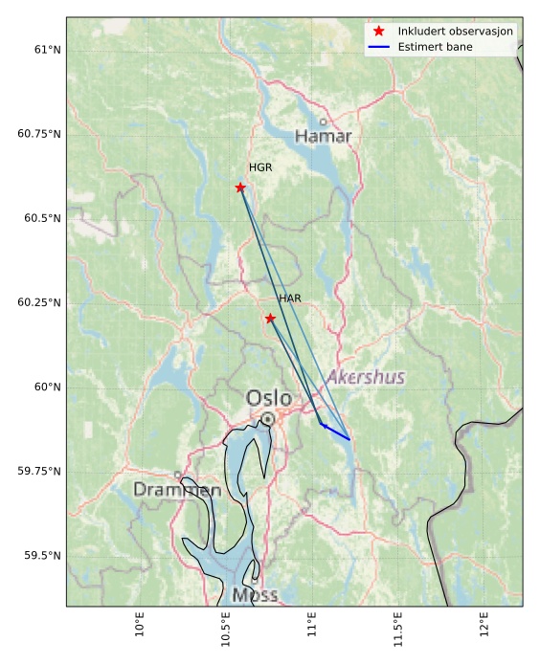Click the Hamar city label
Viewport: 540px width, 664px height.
pyautogui.click(x=323, y=137)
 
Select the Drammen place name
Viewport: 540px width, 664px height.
pyautogui.click(x=177, y=490)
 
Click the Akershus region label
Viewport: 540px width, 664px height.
pyautogui.click(x=366, y=377)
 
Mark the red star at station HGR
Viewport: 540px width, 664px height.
pyautogui.click(x=240, y=188)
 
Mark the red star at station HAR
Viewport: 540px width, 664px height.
pyautogui.click(x=270, y=318)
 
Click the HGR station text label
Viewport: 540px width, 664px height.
pyautogui.click(x=260, y=168)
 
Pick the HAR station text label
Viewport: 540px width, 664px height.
pyautogui.click(x=290, y=299)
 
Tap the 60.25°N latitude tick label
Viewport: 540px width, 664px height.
pyautogui.click(x=39, y=302)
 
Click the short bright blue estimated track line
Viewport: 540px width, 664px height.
pyautogui.click(x=335, y=432)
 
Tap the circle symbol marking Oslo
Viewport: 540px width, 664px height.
pyautogui.click(x=267, y=419)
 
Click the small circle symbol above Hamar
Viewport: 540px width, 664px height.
pyautogui.click(x=323, y=122)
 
